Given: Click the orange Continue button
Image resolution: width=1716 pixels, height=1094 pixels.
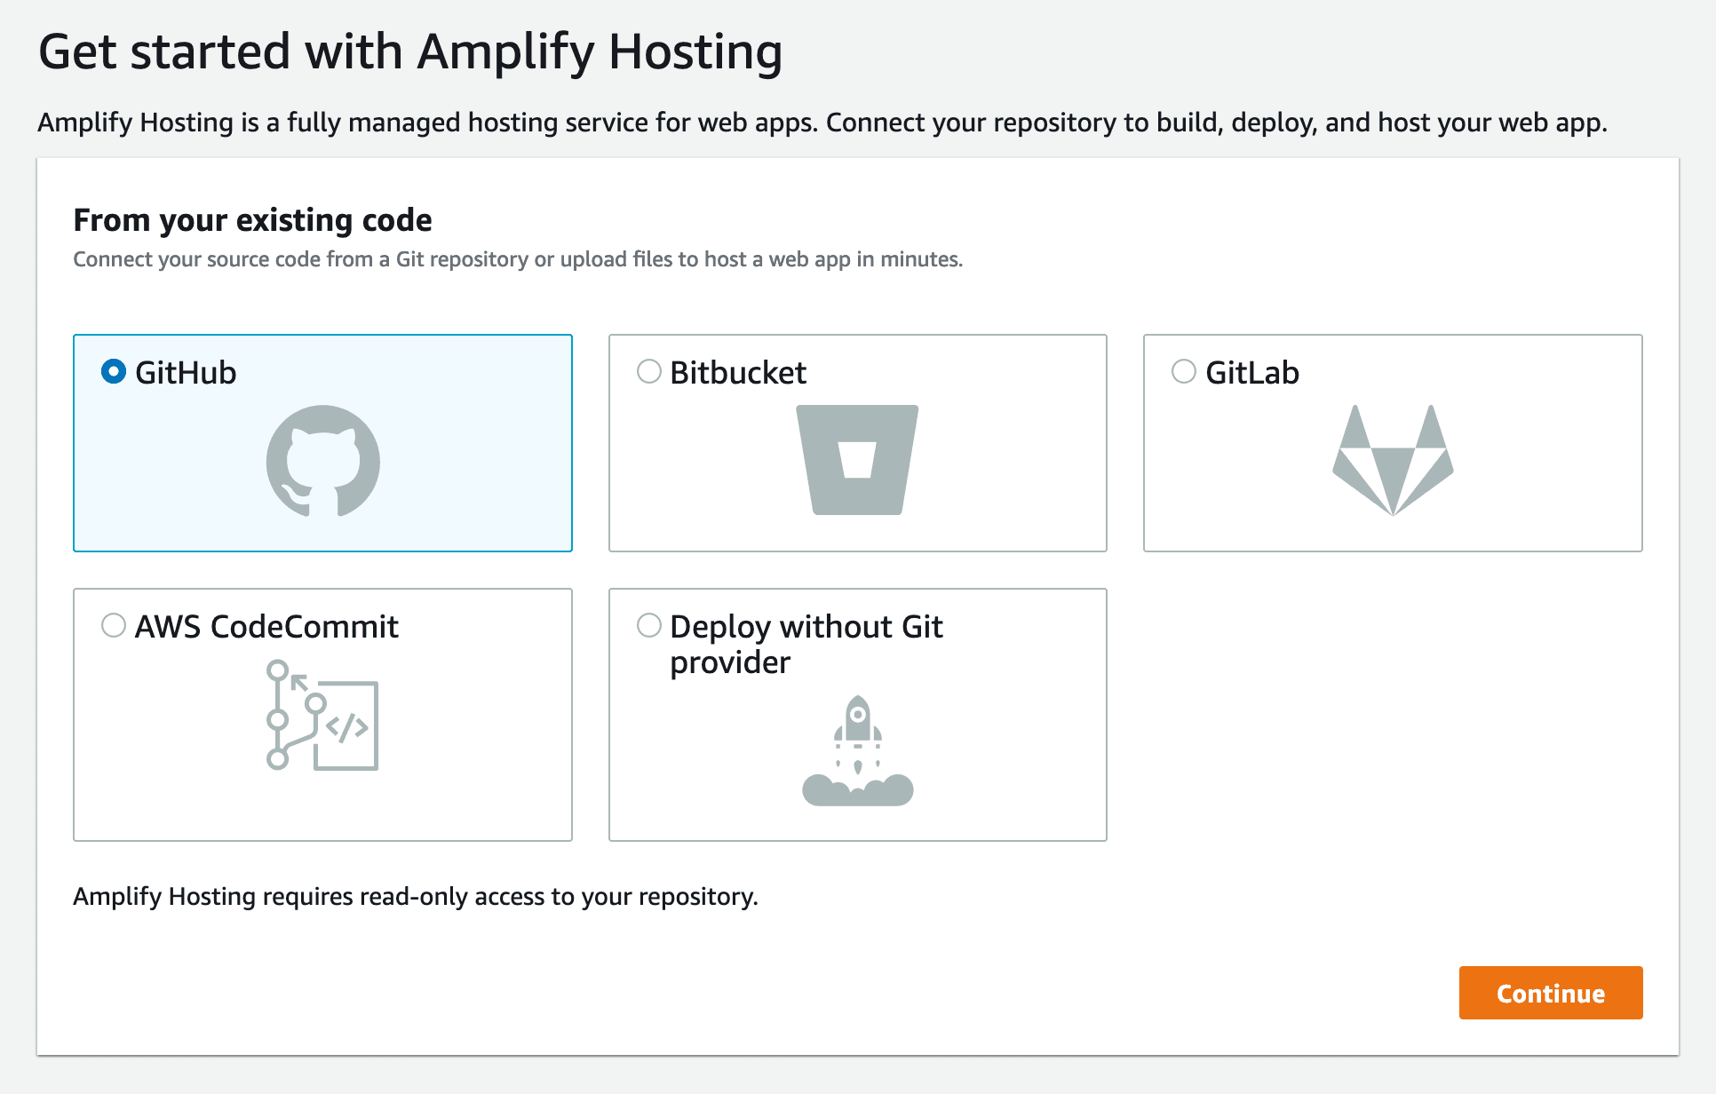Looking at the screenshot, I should click(1550, 993).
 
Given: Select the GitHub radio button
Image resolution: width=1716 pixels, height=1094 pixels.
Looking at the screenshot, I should click(114, 371).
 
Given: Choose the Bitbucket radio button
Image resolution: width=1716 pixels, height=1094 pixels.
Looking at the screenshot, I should click(649, 371).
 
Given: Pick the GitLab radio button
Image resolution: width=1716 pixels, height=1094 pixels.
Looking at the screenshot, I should click(1184, 371).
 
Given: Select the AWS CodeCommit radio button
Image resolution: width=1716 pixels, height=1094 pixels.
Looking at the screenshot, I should click(114, 625).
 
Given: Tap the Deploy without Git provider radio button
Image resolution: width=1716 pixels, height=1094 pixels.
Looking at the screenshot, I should click(649, 625).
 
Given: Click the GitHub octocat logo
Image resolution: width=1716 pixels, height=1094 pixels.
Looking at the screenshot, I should click(323, 461).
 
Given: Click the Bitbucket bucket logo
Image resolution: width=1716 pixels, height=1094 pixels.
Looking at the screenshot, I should click(857, 460).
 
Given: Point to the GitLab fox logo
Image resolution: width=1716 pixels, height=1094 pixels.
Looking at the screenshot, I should click(1393, 460).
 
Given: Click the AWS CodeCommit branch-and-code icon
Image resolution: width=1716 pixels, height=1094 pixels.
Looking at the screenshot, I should click(322, 715).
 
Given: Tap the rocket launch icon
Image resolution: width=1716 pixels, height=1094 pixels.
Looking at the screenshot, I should click(857, 750).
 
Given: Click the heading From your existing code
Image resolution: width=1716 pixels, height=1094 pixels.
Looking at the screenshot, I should click(252, 220).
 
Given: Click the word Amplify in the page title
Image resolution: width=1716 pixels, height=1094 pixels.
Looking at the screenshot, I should click(505, 52).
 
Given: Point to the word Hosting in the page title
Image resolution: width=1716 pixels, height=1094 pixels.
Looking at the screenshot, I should click(695, 52).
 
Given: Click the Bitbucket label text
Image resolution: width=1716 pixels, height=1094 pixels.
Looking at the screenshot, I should click(738, 373).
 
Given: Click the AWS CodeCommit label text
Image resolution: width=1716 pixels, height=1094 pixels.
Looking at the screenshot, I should click(266, 627).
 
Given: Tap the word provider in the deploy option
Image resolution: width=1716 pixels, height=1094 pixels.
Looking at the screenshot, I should click(730, 662).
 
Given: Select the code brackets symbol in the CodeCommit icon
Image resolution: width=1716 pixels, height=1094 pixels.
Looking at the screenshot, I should click(347, 727).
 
